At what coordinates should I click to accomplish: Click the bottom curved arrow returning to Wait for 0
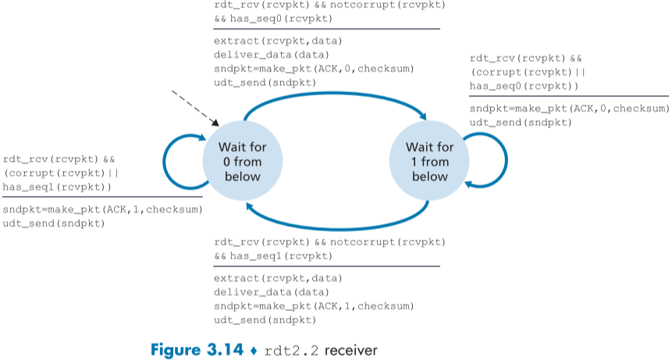(336, 221)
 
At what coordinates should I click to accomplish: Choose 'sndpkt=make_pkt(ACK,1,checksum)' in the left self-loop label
(101, 209)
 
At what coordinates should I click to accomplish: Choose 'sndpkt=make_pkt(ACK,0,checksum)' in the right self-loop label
(568, 109)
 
